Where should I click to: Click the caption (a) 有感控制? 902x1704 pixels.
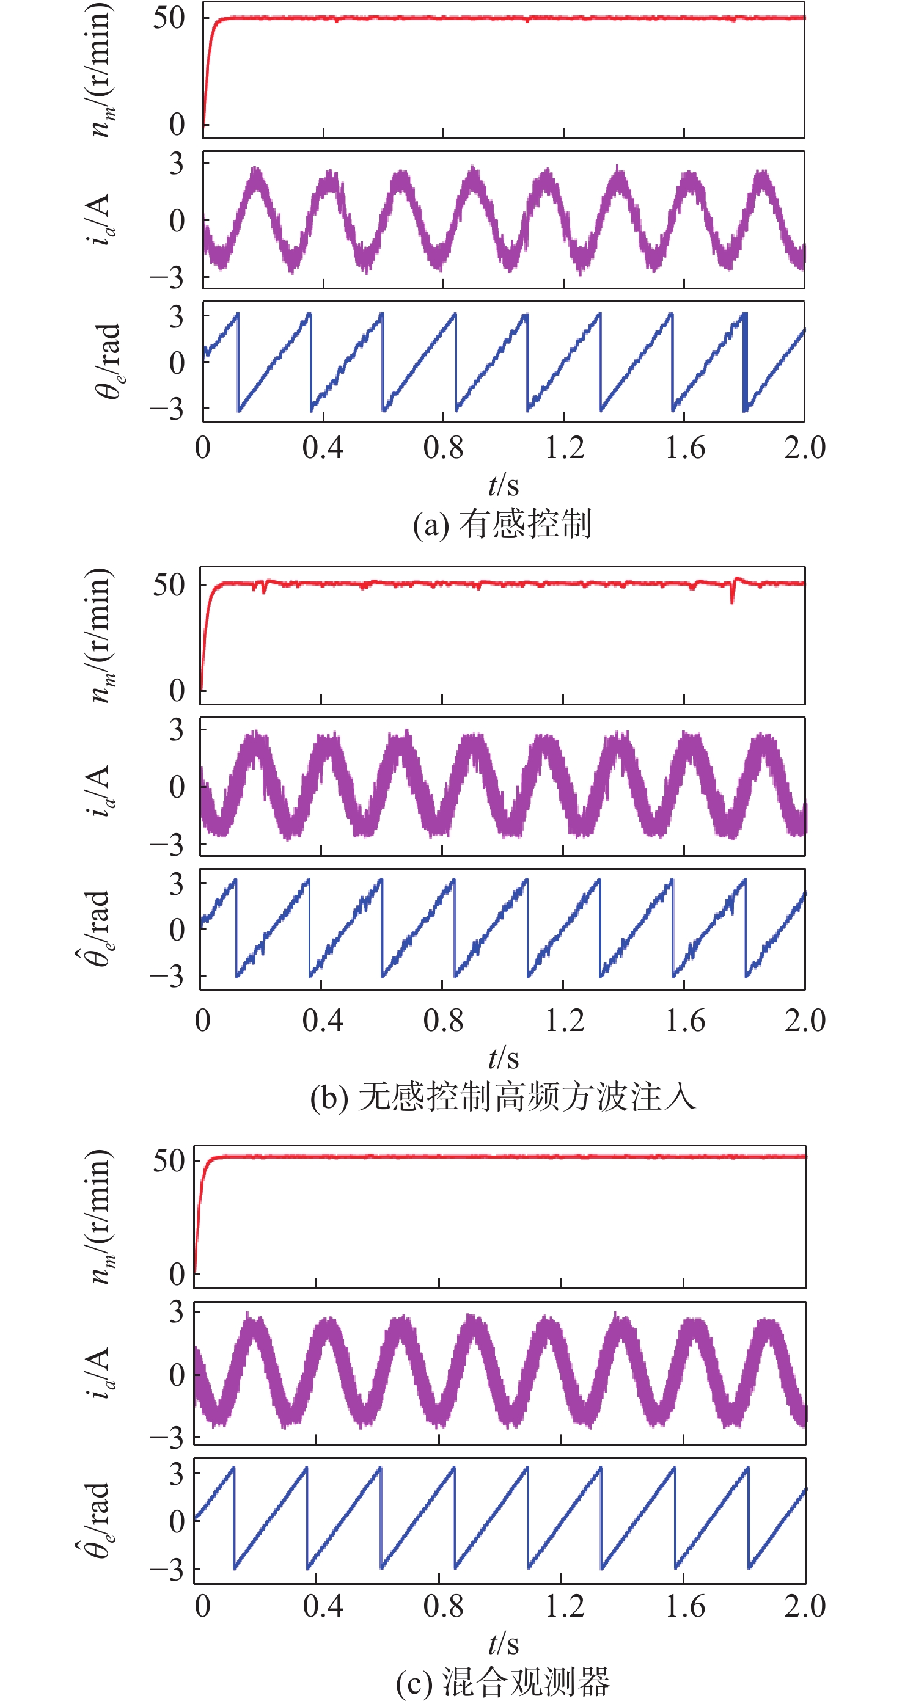[502, 525]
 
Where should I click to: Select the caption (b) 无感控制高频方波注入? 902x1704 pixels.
[503, 1097]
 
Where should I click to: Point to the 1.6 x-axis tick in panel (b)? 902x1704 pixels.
[685, 1020]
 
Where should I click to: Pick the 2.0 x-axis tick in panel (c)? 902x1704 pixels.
[805, 1606]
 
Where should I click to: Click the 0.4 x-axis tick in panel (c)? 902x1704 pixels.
[322, 1606]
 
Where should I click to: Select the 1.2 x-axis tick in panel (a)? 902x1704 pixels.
[565, 448]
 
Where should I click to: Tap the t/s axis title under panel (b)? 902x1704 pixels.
[503, 1058]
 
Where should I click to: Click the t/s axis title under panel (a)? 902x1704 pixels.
[503, 486]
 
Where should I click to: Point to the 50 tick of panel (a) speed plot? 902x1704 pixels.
[169, 18]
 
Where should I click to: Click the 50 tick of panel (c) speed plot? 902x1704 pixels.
[169, 1160]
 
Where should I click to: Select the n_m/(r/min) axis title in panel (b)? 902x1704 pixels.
[101, 635]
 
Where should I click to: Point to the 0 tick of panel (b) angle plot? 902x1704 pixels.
[177, 930]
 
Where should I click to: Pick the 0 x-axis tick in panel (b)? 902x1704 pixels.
[202, 1020]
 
